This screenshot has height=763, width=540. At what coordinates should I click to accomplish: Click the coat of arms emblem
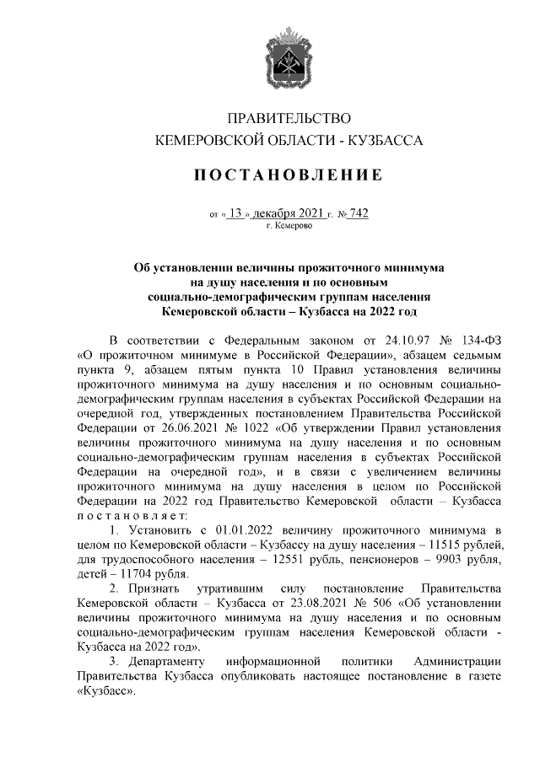coord(289,51)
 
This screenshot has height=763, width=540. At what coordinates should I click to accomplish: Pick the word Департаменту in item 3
coord(164,662)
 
